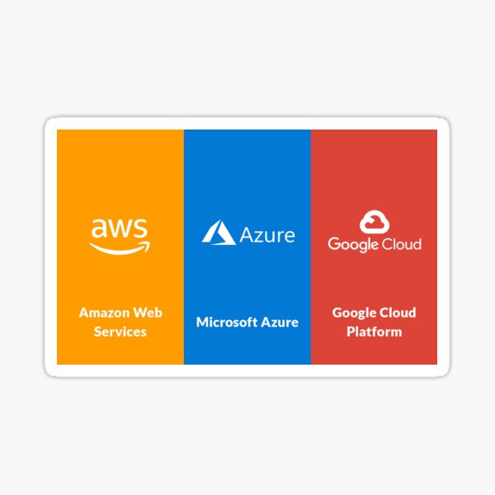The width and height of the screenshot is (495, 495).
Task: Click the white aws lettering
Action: (120, 228)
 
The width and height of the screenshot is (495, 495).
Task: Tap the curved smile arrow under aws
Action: (120, 250)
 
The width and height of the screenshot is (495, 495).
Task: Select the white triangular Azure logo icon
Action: (219, 233)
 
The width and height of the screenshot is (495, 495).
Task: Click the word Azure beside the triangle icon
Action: (267, 235)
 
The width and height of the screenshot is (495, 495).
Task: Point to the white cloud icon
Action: (375, 222)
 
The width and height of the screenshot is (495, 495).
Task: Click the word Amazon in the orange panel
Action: (105, 313)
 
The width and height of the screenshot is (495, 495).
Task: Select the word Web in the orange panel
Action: (148, 313)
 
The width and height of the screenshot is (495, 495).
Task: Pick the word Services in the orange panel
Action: (120, 332)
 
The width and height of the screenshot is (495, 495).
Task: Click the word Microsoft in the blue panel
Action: (227, 323)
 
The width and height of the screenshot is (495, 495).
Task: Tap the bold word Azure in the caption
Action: (280, 323)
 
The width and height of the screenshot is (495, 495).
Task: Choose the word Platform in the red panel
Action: (375, 332)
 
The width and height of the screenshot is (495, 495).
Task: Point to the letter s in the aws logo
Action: (141, 229)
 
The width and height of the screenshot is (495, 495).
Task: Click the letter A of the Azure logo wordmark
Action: (247, 235)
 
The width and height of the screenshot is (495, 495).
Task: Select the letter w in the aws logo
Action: (120, 229)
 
